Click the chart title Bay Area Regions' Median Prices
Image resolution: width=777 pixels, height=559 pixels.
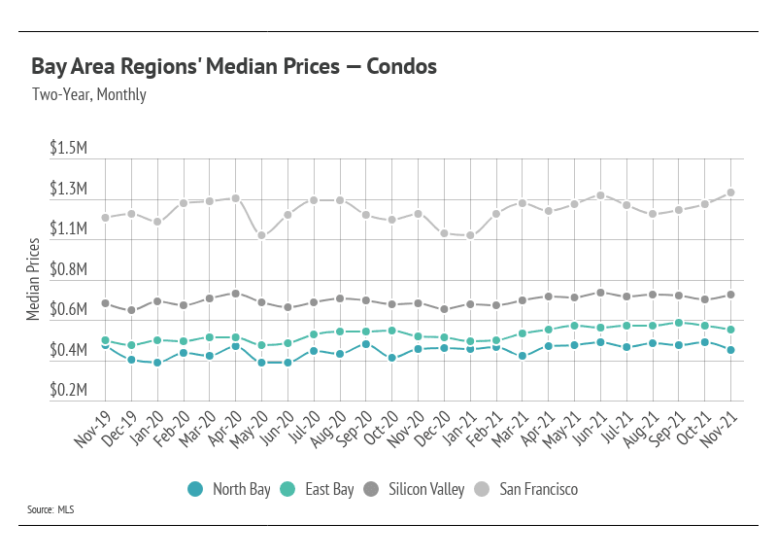(233, 67)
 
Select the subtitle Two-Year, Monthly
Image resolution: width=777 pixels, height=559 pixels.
(88, 94)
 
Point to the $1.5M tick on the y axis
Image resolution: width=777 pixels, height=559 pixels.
(69, 149)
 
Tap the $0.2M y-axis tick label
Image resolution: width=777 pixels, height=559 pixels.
(69, 390)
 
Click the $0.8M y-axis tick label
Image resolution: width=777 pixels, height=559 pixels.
(69, 269)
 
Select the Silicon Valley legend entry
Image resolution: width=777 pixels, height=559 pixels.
(413, 489)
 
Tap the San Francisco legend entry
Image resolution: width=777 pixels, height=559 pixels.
(526, 489)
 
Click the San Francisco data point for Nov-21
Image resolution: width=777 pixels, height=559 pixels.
(730, 192)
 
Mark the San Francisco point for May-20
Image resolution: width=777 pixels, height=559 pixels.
(261, 235)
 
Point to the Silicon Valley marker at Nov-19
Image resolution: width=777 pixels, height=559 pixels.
(105, 303)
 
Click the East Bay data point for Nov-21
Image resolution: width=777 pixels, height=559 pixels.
(730, 330)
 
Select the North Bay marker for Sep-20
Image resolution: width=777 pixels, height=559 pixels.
(366, 343)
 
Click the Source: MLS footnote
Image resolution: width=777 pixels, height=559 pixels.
(52, 509)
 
